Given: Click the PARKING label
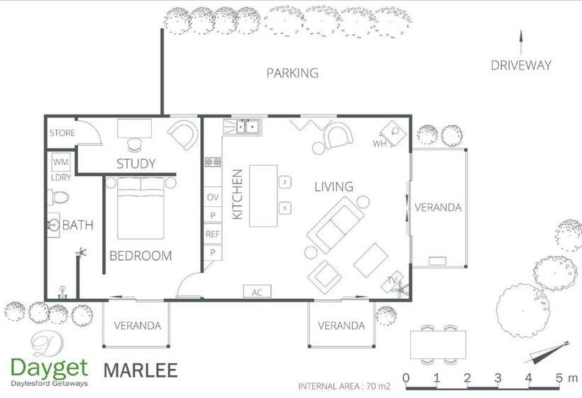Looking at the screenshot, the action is [292, 72].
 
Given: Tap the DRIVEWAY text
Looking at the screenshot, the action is [521, 65].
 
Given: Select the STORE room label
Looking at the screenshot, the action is [62, 133].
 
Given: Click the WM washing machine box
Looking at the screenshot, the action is [61, 162].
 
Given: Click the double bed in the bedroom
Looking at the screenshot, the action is [141, 208].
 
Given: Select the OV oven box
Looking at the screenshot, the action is [213, 197].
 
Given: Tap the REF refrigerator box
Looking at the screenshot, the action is [213, 234].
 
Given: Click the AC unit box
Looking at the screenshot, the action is [257, 291].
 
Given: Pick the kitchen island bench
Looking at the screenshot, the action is [263, 196].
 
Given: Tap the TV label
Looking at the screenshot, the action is [392, 280].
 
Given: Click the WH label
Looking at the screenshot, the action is [380, 144].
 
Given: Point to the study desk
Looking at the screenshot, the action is [134, 128].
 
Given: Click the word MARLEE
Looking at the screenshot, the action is [141, 370].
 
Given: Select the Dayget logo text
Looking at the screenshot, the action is [50, 368].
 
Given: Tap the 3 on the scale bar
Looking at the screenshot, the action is [498, 378].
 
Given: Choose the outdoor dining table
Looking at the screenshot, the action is [438, 345].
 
